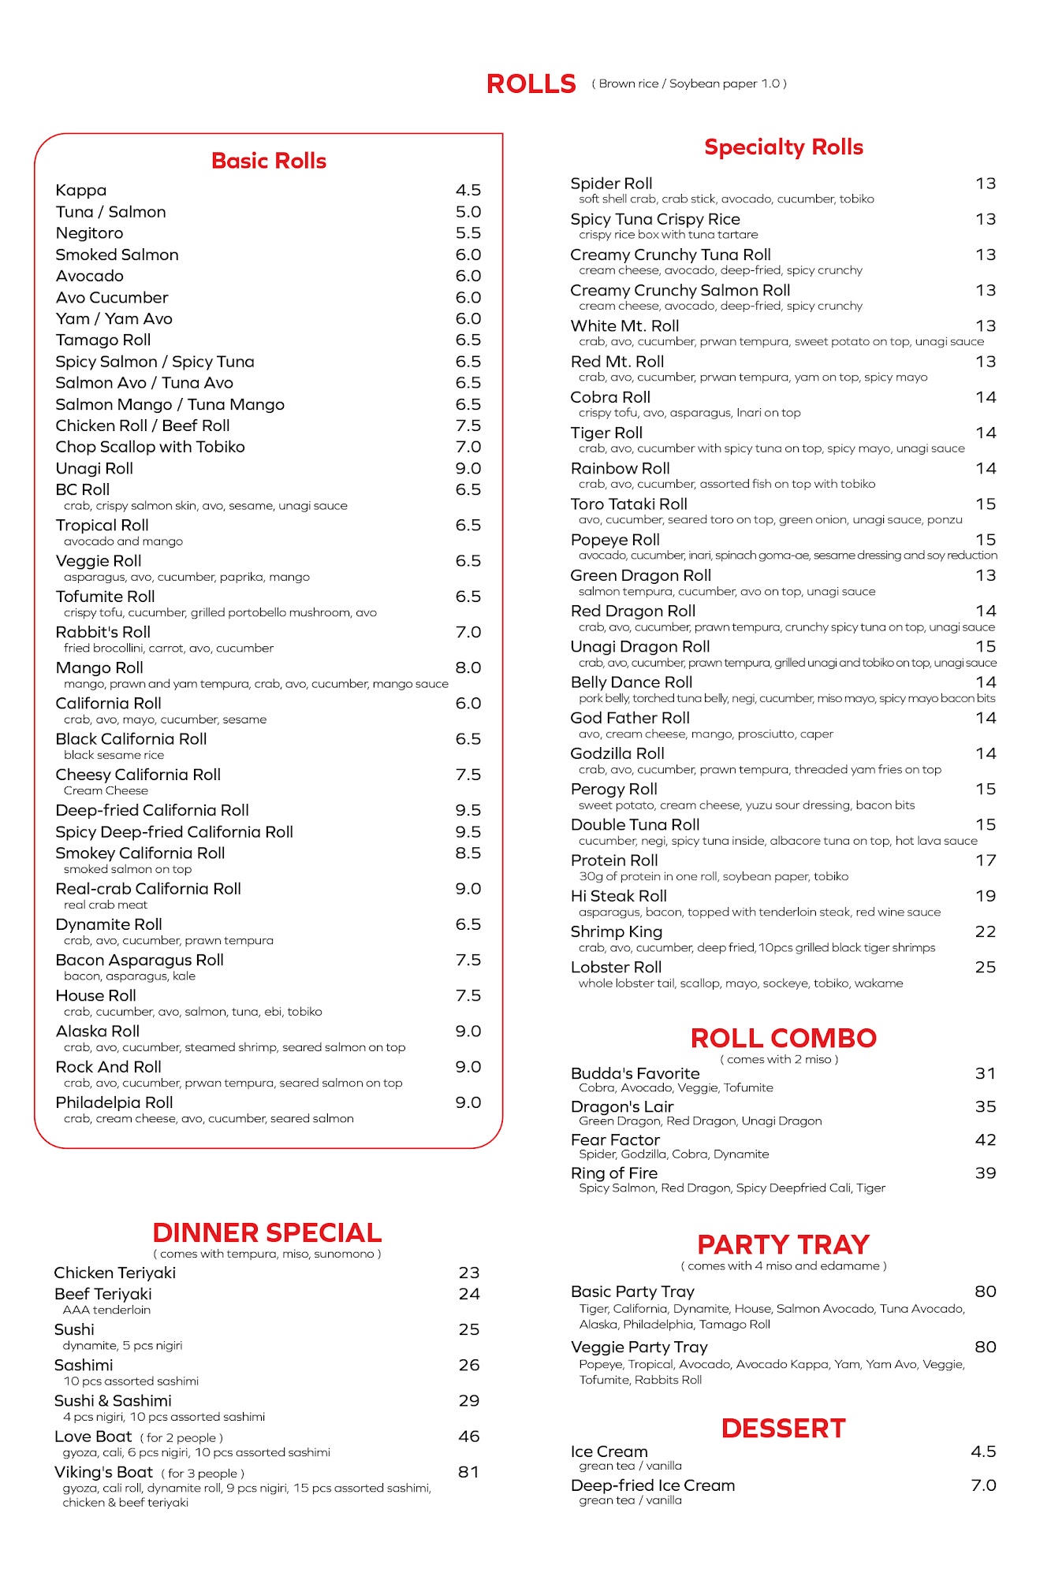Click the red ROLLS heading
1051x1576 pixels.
coord(531,84)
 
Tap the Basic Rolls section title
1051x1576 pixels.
coord(269,161)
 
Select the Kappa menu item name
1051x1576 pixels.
coord(81,190)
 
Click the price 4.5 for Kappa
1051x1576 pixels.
coord(468,190)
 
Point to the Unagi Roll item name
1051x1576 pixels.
coord(95,468)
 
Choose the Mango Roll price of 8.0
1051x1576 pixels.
coord(468,667)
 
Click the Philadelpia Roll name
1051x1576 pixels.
coord(114,1102)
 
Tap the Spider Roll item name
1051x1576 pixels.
coord(611,184)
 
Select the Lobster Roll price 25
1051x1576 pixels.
coord(985,967)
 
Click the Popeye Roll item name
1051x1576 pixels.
coord(615,540)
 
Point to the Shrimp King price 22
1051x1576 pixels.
coord(985,931)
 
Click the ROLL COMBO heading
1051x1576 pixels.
coord(783,1038)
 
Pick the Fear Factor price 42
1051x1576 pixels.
coord(985,1139)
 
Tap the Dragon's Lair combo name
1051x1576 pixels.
coord(622,1106)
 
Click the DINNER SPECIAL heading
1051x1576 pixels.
coord(266,1232)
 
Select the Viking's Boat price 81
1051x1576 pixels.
coord(468,1472)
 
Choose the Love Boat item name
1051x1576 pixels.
coord(93,1437)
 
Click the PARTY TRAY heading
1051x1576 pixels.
coord(783,1244)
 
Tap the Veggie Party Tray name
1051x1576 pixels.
coord(639,1347)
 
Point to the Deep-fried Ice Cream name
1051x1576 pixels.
coord(653,1485)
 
